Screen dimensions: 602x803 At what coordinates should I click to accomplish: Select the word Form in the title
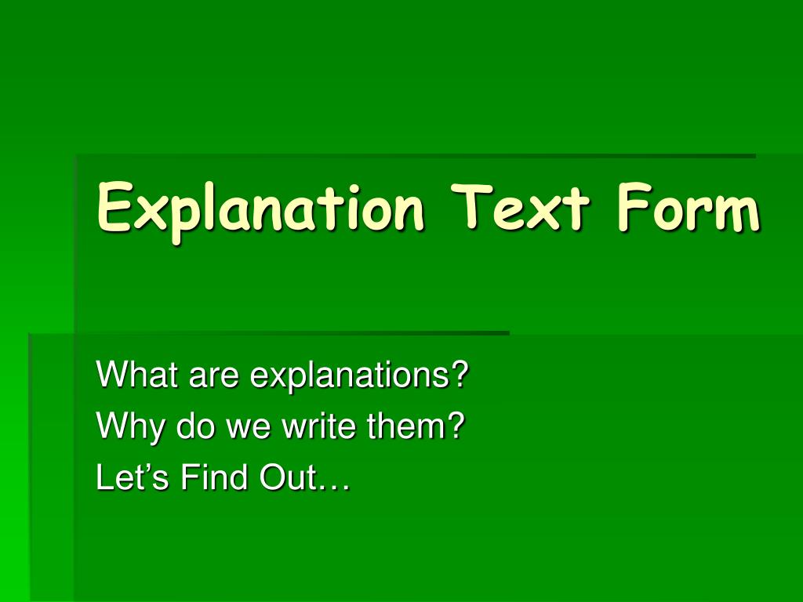click(x=688, y=209)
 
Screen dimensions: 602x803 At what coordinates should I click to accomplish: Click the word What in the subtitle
click(x=137, y=375)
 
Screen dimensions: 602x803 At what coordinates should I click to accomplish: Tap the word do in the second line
click(x=191, y=427)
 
